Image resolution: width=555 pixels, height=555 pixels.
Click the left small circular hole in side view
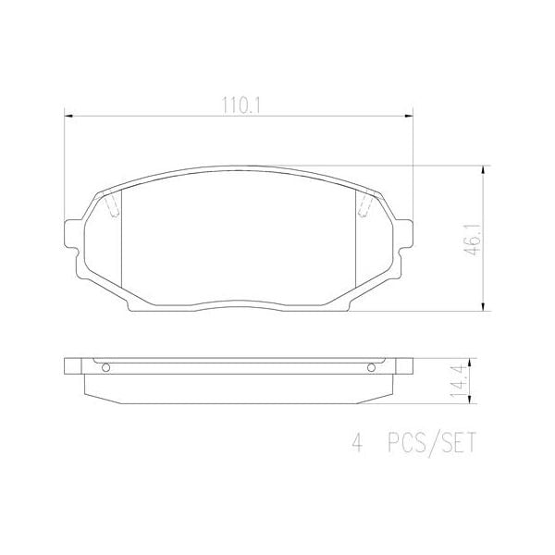point(105,368)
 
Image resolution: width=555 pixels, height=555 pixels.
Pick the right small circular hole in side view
point(372,368)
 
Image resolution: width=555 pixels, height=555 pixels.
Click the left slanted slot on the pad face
point(113,208)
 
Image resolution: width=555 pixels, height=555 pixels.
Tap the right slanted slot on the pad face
point(364,208)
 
